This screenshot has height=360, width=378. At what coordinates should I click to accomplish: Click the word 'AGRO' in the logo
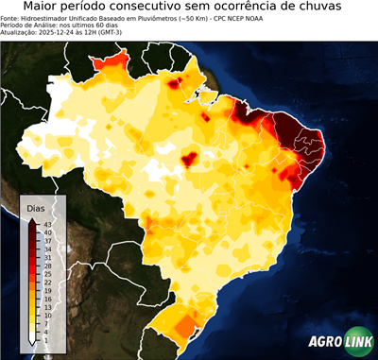324,342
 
